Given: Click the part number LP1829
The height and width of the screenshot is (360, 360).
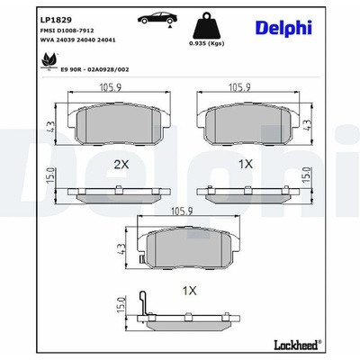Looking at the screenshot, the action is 56,20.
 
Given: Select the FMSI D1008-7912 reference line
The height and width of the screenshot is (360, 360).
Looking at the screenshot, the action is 67,31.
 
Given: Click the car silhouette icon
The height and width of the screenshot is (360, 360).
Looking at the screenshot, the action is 157,18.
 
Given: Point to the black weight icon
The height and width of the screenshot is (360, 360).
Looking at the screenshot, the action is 207,25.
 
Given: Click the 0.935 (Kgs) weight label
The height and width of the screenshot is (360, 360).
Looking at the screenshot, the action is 207,43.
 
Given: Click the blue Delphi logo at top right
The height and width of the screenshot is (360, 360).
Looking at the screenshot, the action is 283,28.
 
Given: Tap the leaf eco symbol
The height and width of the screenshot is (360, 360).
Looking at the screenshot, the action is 49,60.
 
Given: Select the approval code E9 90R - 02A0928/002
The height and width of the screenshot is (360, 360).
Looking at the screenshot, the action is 94,69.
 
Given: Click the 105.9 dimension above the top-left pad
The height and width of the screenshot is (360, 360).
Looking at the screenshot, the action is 110,87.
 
